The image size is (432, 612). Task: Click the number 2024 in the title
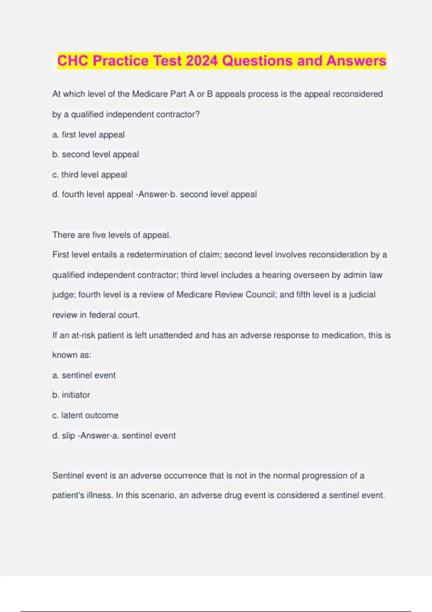pos(202,61)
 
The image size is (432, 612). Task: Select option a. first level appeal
pos(89,135)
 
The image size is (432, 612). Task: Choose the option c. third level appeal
pos(90,175)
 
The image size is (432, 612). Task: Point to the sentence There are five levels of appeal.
pos(112,235)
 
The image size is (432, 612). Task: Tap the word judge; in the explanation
pos(64,295)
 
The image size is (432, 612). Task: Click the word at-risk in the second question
pos(84,336)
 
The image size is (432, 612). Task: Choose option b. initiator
pos(71,395)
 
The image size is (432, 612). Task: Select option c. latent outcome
pos(85,415)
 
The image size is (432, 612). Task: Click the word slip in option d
pos(68,436)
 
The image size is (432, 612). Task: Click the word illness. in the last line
pos(98,495)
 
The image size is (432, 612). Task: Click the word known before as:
pos(64,355)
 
